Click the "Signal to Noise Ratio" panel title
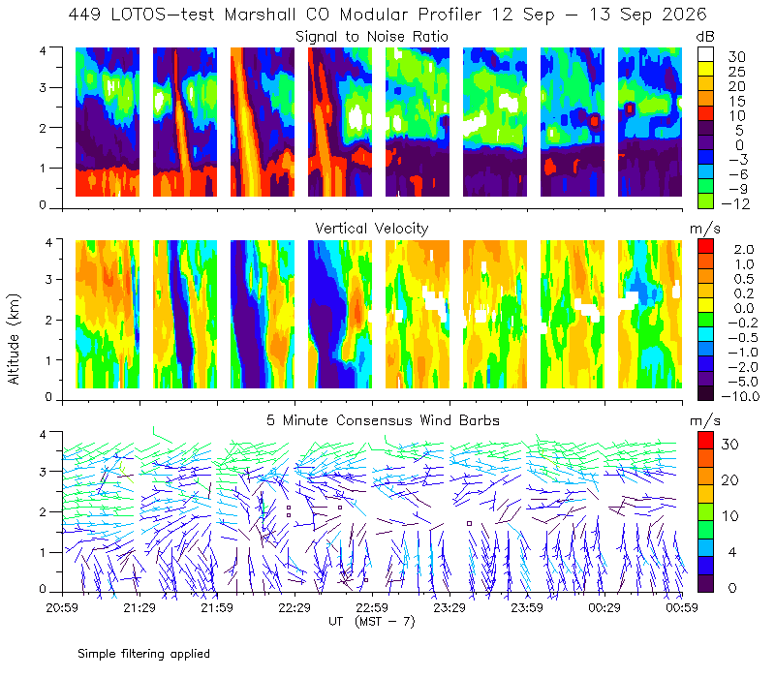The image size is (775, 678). pyautogui.click(x=372, y=37)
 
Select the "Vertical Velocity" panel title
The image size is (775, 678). pyautogui.click(x=372, y=229)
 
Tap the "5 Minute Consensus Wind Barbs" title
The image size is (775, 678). pyautogui.click(x=383, y=420)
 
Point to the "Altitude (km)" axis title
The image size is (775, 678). pyautogui.click(x=14, y=339)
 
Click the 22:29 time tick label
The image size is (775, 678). pyautogui.click(x=294, y=607)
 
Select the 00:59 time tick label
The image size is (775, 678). pyautogui.click(x=682, y=607)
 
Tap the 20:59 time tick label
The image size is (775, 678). pyautogui.click(x=62, y=607)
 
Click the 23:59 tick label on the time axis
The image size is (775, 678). pyautogui.click(x=527, y=607)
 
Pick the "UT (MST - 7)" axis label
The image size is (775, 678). pyautogui.click(x=372, y=622)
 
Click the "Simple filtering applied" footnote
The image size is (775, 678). pyautogui.click(x=143, y=654)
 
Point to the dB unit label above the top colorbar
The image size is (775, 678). pyautogui.click(x=705, y=37)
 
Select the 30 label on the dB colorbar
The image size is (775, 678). pyautogui.click(x=736, y=56)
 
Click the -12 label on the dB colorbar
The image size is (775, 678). pyautogui.click(x=735, y=203)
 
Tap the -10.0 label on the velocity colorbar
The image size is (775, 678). pyautogui.click(x=740, y=396)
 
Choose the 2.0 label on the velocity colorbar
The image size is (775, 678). pyautogui.click(x=744, y=249)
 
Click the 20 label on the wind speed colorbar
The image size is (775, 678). pyautogui.click(x=730, y=479)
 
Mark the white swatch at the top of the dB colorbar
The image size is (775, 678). pyautogui.click(x=705, y=54)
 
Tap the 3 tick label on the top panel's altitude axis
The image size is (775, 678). pyautogui.click(x=43, y=87)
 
